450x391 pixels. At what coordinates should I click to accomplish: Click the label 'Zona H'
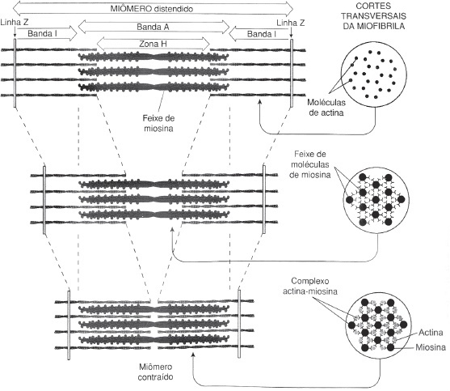point(153,44)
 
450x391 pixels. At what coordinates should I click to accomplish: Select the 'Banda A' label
point(153,27)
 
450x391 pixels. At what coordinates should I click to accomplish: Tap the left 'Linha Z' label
point(14,22)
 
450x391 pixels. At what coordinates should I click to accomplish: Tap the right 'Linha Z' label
point(291,23)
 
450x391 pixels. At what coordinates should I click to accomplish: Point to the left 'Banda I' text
point(43,34)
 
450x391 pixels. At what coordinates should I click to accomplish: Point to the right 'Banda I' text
point(262,34)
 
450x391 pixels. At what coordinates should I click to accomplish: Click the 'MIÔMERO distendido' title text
point(152,9)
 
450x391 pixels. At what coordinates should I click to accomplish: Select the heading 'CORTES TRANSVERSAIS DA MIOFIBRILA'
point(374,16)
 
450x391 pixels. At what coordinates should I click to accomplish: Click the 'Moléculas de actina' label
point(326,107)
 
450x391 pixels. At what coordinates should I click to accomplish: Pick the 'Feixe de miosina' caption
point(158,123)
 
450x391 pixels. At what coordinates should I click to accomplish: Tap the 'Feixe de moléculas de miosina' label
point(310,164)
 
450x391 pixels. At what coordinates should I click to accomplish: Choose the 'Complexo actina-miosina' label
point(310,286)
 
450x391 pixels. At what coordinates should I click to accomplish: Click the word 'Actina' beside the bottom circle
point(431,333)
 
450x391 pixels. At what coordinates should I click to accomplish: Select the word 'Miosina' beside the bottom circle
point(431,347)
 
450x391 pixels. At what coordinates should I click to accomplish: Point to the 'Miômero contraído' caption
point(155,372)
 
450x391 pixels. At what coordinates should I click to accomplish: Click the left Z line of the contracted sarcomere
point(69,325)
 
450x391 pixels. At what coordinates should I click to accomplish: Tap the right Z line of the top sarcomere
point(292,74)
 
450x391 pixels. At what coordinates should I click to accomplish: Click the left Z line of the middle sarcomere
point(44,200)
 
